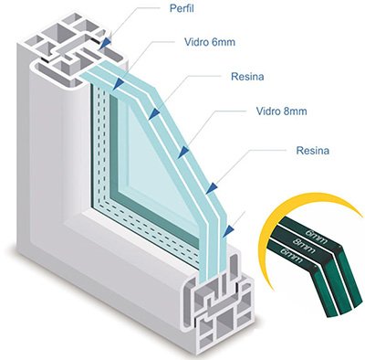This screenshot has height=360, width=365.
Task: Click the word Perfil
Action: coord(182,8)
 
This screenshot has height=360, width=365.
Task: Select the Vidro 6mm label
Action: coord(210,42)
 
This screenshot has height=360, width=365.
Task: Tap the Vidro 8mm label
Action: coord(281,111)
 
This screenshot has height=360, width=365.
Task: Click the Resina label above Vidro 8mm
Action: coord(247,77)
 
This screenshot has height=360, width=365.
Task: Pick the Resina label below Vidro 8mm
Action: coord(313,151)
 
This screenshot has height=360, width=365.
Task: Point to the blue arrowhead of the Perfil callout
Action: coord(105,42)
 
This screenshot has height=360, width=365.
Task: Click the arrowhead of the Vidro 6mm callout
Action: coord(118,85)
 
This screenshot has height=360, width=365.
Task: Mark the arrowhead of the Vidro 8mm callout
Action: coord(182,153)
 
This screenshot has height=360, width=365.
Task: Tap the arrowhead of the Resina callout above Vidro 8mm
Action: coord(154,114)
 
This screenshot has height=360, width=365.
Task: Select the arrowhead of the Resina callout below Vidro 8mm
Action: coord(212,188)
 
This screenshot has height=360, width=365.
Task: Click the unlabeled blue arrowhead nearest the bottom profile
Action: coord(228,231)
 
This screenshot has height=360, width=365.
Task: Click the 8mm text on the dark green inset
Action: coord(304,246)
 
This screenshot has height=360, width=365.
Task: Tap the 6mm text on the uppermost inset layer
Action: coord(317,236)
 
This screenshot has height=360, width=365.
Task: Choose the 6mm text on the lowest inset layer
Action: coord(292,256)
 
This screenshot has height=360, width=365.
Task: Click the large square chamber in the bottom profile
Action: coord(225,323)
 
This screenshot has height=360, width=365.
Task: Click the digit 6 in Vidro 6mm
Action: coord(214,42)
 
